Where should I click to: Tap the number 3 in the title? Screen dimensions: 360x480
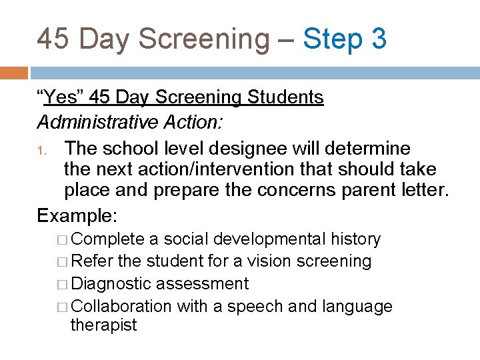tap(379, 39)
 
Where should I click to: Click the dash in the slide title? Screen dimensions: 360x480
tap(285, 40)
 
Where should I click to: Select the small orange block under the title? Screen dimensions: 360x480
tap(13, 72)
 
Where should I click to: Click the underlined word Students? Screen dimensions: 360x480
tap(285, 97)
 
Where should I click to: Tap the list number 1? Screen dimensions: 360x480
tap(41, 149)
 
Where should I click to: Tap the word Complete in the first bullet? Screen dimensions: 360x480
tap(107, 239)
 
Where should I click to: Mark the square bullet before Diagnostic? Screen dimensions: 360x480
tap(63, 284)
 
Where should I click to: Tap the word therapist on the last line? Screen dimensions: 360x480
tap(103, 325)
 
